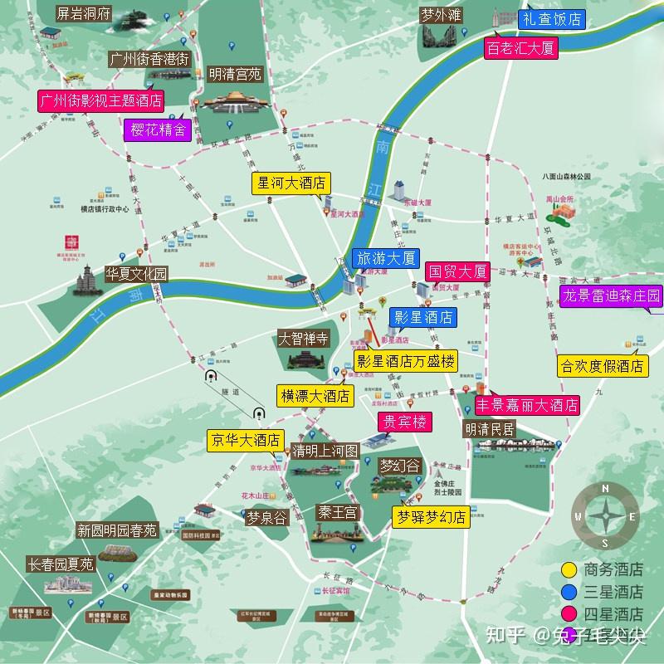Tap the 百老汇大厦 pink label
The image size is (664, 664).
[x=520, y=48]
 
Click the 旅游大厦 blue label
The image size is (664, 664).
[x=385, y=258]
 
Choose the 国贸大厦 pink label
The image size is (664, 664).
[x=456, y=271]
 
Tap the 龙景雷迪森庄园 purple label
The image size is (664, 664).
[x=613, y=296]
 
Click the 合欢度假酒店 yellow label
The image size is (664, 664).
[x=603, y=365]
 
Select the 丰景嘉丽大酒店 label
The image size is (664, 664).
[x=526, y=406]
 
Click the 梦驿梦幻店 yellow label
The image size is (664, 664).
[x=431, y=515]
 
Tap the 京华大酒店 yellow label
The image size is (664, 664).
[x=245, y=440]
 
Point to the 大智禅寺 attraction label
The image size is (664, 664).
[x=304, y=339]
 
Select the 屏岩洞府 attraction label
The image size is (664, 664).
[x=82, y=13]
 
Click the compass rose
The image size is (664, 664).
[x=606, y=516]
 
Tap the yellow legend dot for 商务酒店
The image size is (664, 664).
[x=569, y=569]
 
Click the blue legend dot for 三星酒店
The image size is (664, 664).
[x=569, y=592]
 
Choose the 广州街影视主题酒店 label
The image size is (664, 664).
[x=101, y=100]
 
